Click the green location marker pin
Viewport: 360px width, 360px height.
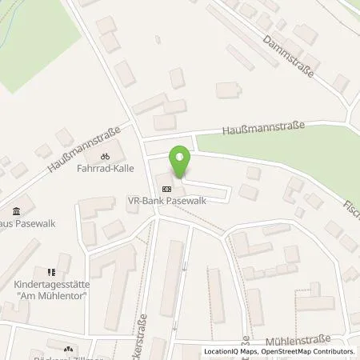181,162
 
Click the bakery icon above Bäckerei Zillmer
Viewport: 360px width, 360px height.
68,349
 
